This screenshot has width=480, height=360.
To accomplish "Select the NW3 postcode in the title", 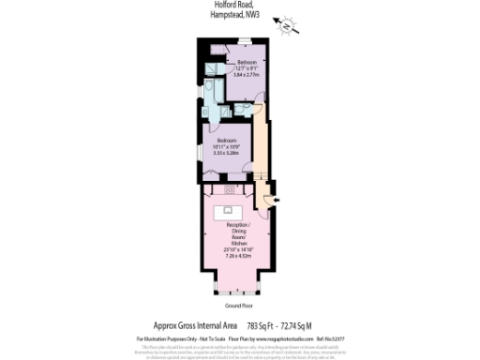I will [251, 16].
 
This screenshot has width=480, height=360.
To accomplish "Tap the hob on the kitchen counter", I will [229, 189].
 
